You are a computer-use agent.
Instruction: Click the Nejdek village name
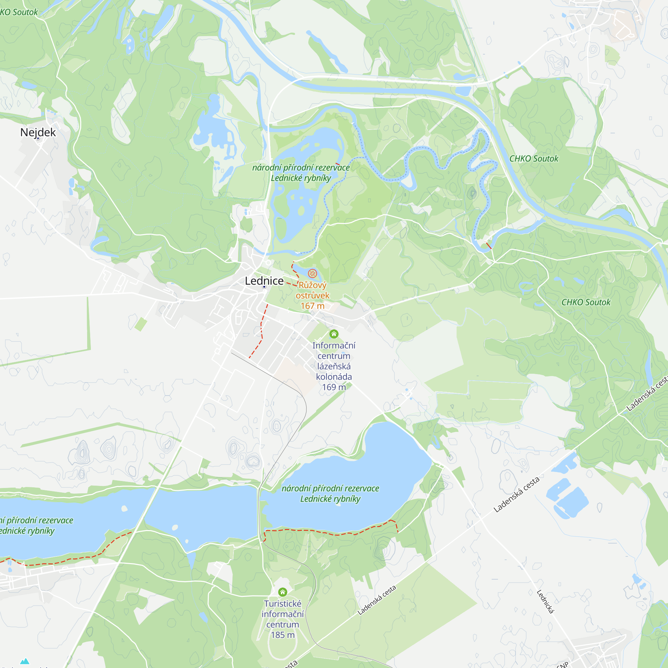tap(38, 132)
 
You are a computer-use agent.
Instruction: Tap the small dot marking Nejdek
tap(38, 139)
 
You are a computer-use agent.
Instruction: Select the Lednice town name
tap(264, 281)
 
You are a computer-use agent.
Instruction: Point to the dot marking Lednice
tap(264, 287)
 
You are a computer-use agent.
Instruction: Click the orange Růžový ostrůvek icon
tap(312, 274)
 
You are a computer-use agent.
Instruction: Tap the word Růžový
tap(312, 285)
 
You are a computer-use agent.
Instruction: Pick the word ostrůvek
tap(312, 296)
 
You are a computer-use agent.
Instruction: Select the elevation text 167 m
tap(312, 306)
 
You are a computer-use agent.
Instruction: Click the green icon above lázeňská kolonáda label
tap(334, 334)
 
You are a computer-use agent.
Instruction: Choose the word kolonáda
tap(334, 377)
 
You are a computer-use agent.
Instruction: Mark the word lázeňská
tap(334, 366)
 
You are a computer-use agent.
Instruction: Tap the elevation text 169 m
tap(334, 387)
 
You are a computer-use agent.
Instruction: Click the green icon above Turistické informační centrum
tap(283, 592)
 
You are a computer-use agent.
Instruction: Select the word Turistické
tap(283, 604)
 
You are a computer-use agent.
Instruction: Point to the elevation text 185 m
tap(283, 635)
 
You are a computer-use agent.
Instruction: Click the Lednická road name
tap(545, 602)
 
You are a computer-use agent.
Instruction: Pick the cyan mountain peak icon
tap(24, 661)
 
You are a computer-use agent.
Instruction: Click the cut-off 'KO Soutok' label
tap(19, 12)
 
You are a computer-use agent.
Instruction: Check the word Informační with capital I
tap(334, 346)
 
